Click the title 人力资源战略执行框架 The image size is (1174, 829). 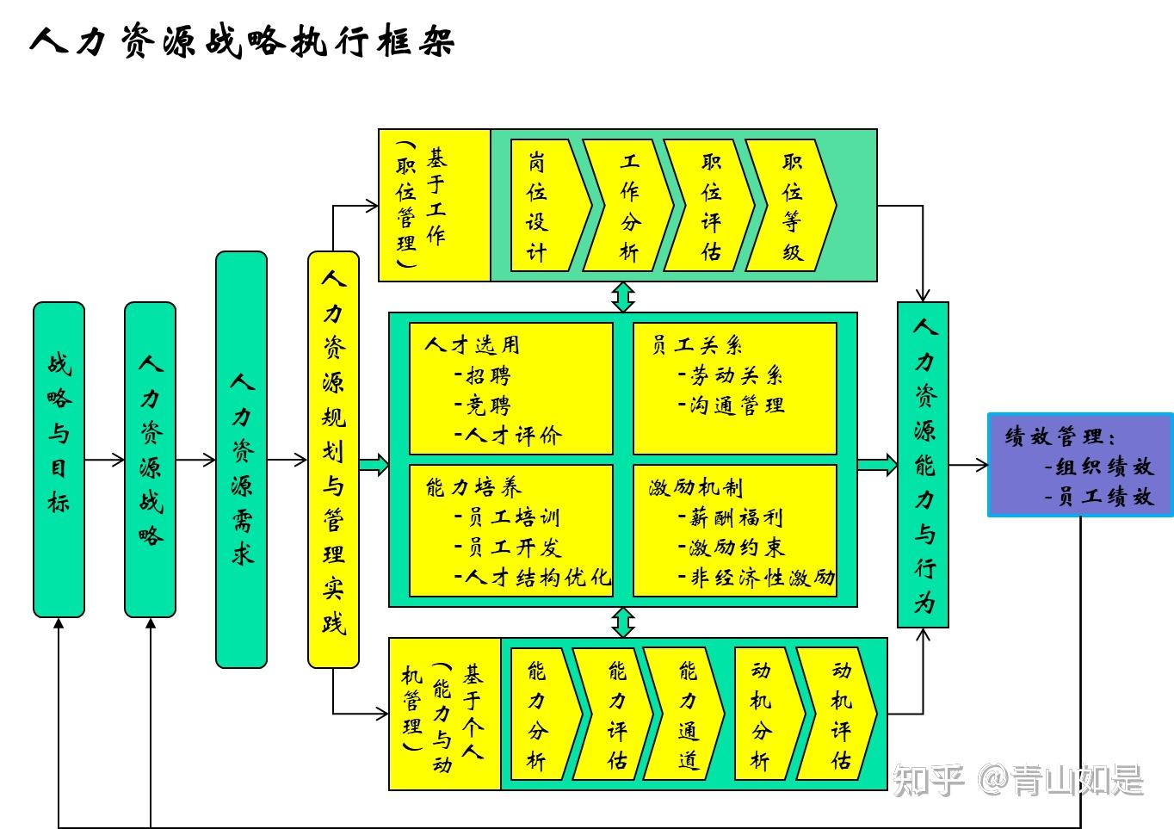[242, 40]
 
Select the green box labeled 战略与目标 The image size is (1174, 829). [59, 460]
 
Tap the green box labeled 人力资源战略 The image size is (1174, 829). [151, 460]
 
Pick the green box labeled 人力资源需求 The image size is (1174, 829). [242, 460]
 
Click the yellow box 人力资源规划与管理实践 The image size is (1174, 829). [333, 460]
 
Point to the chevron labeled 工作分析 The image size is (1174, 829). [627, 205]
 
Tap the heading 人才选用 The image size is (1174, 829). [473, 345]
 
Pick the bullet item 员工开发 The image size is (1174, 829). [508, 547]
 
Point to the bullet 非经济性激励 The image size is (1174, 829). [757, 578]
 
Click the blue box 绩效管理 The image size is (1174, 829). [1080, 465]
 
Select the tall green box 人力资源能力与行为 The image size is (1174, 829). [923, 465]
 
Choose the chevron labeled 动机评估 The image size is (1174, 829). [837, 714]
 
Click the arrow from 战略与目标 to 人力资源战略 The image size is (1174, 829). [104, 460]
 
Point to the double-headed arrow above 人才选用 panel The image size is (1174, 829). [622, 297]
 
